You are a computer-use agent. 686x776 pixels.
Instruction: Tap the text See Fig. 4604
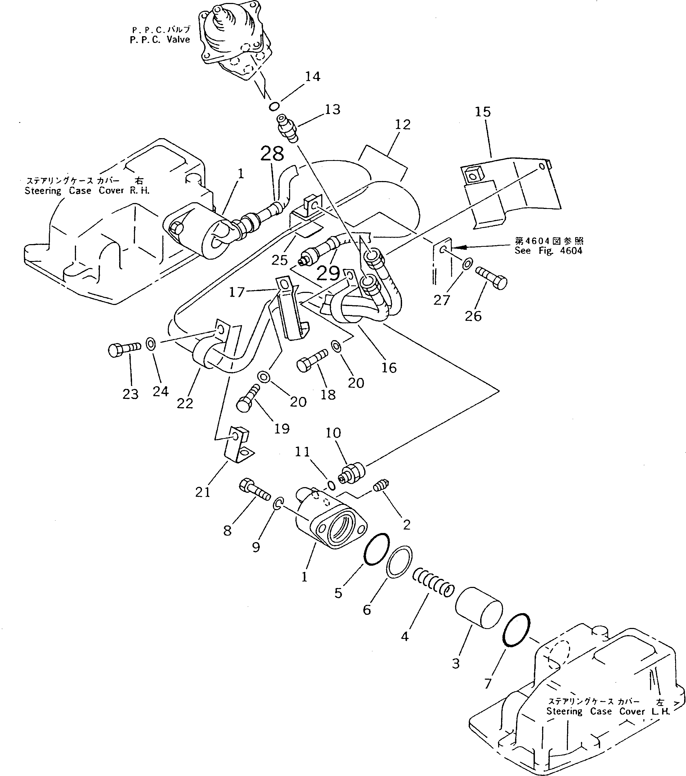[548, 251]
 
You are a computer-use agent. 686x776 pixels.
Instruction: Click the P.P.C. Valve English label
[159, 39]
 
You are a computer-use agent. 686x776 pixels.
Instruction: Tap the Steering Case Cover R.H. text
[87, 191]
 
